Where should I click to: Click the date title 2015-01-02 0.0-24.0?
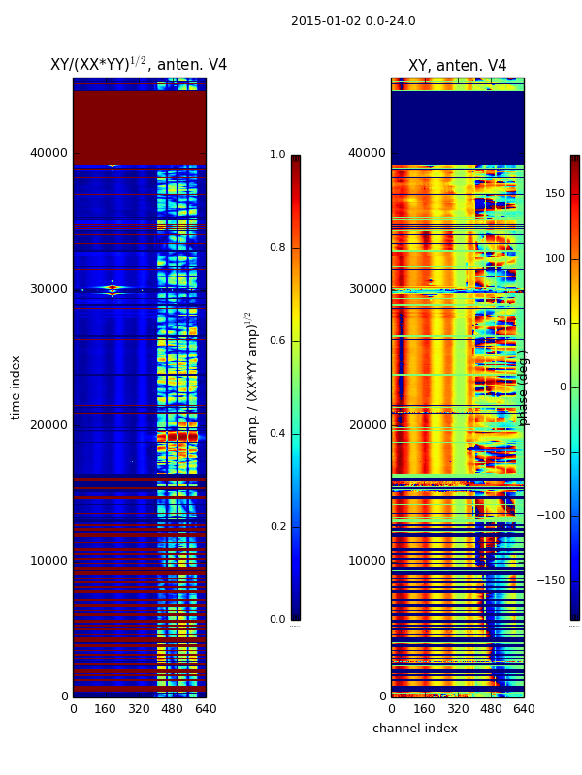pyautogui.click(x=353, y=21)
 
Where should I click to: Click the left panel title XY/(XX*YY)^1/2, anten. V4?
pyautogui.click(x=139, y=65)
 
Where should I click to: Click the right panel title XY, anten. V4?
pyautogui.click(x=457, y=66)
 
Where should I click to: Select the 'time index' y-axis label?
pyautogui.click(x=16, y=387)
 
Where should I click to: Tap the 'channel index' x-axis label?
pyautogui.click(x=415, y=728)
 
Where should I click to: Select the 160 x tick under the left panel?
pyautogui.click(x=106, y=709)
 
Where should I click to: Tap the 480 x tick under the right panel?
pyautogui.click(x=491, y=709)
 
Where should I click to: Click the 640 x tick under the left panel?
pyautogui.click(x=206, y=709)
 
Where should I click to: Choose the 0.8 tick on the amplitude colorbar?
pyautogui.click(x=277, y=248)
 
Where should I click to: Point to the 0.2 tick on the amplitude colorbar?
pyautogui.click(x=277, y=527)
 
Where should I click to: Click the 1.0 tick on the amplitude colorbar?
pyautogui.click(x=277, y=155)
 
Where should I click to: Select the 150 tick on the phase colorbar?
pyautogui.click(x=555, y=194)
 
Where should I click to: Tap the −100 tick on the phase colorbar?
pyautogui.click(x=552, y=516)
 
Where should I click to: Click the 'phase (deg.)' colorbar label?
pyautogui.click(x=524, y=387)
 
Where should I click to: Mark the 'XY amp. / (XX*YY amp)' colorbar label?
pyautogui.click(x=251, y=387)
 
